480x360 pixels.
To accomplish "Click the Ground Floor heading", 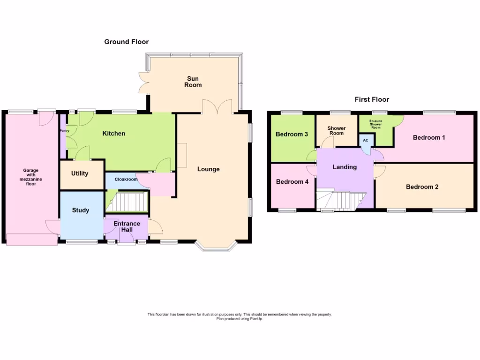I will point(126,42).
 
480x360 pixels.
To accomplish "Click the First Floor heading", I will point(371,99).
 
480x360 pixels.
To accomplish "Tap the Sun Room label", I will point(193,82).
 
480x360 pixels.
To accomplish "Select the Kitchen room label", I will point(114,134).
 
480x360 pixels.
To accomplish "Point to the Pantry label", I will point(64,131).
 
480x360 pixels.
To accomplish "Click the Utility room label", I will point(80,173).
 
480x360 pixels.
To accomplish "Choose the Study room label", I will point(81,210).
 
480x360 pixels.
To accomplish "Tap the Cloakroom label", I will point(126,179).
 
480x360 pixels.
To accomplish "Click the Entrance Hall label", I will point(127,226).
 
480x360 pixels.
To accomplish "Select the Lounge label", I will point(208,169).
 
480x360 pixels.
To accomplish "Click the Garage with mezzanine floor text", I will point(31,177).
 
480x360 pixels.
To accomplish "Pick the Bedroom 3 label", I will point(292,135).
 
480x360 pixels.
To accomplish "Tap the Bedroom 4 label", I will point(292,182).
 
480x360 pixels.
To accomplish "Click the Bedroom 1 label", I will point(429,137).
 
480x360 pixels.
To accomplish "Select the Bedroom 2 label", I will point(422,187).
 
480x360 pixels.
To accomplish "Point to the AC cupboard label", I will point(366,140).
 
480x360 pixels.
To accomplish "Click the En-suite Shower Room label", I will point(376,124).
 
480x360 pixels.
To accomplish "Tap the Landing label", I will point(345,167).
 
